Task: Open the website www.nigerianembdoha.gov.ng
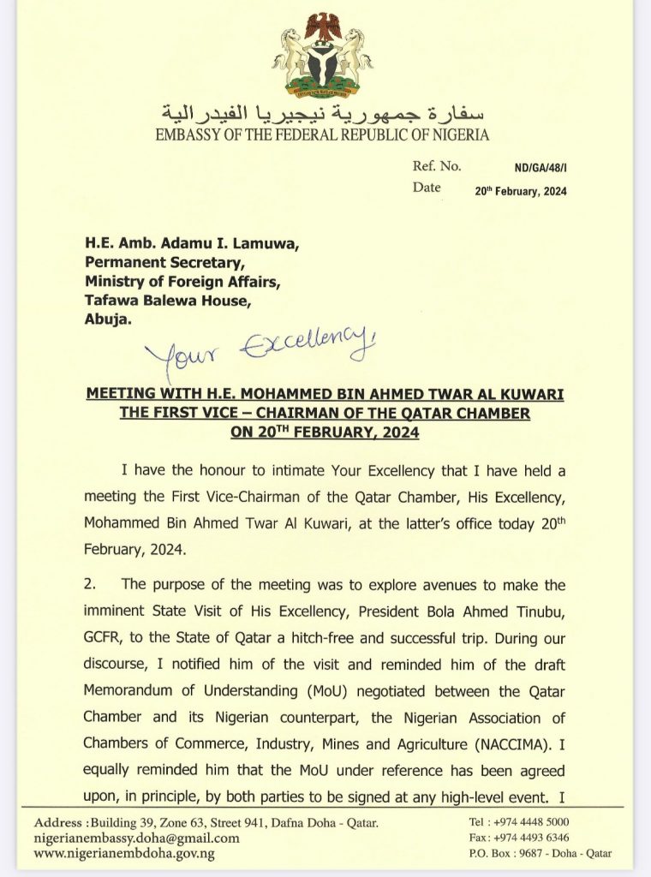pyautogui.click(x=124, y=854)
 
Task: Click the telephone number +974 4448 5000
pyautogui.click(x=535, y=822)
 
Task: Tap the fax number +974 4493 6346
pyautogui.click(x=536, y=838)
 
